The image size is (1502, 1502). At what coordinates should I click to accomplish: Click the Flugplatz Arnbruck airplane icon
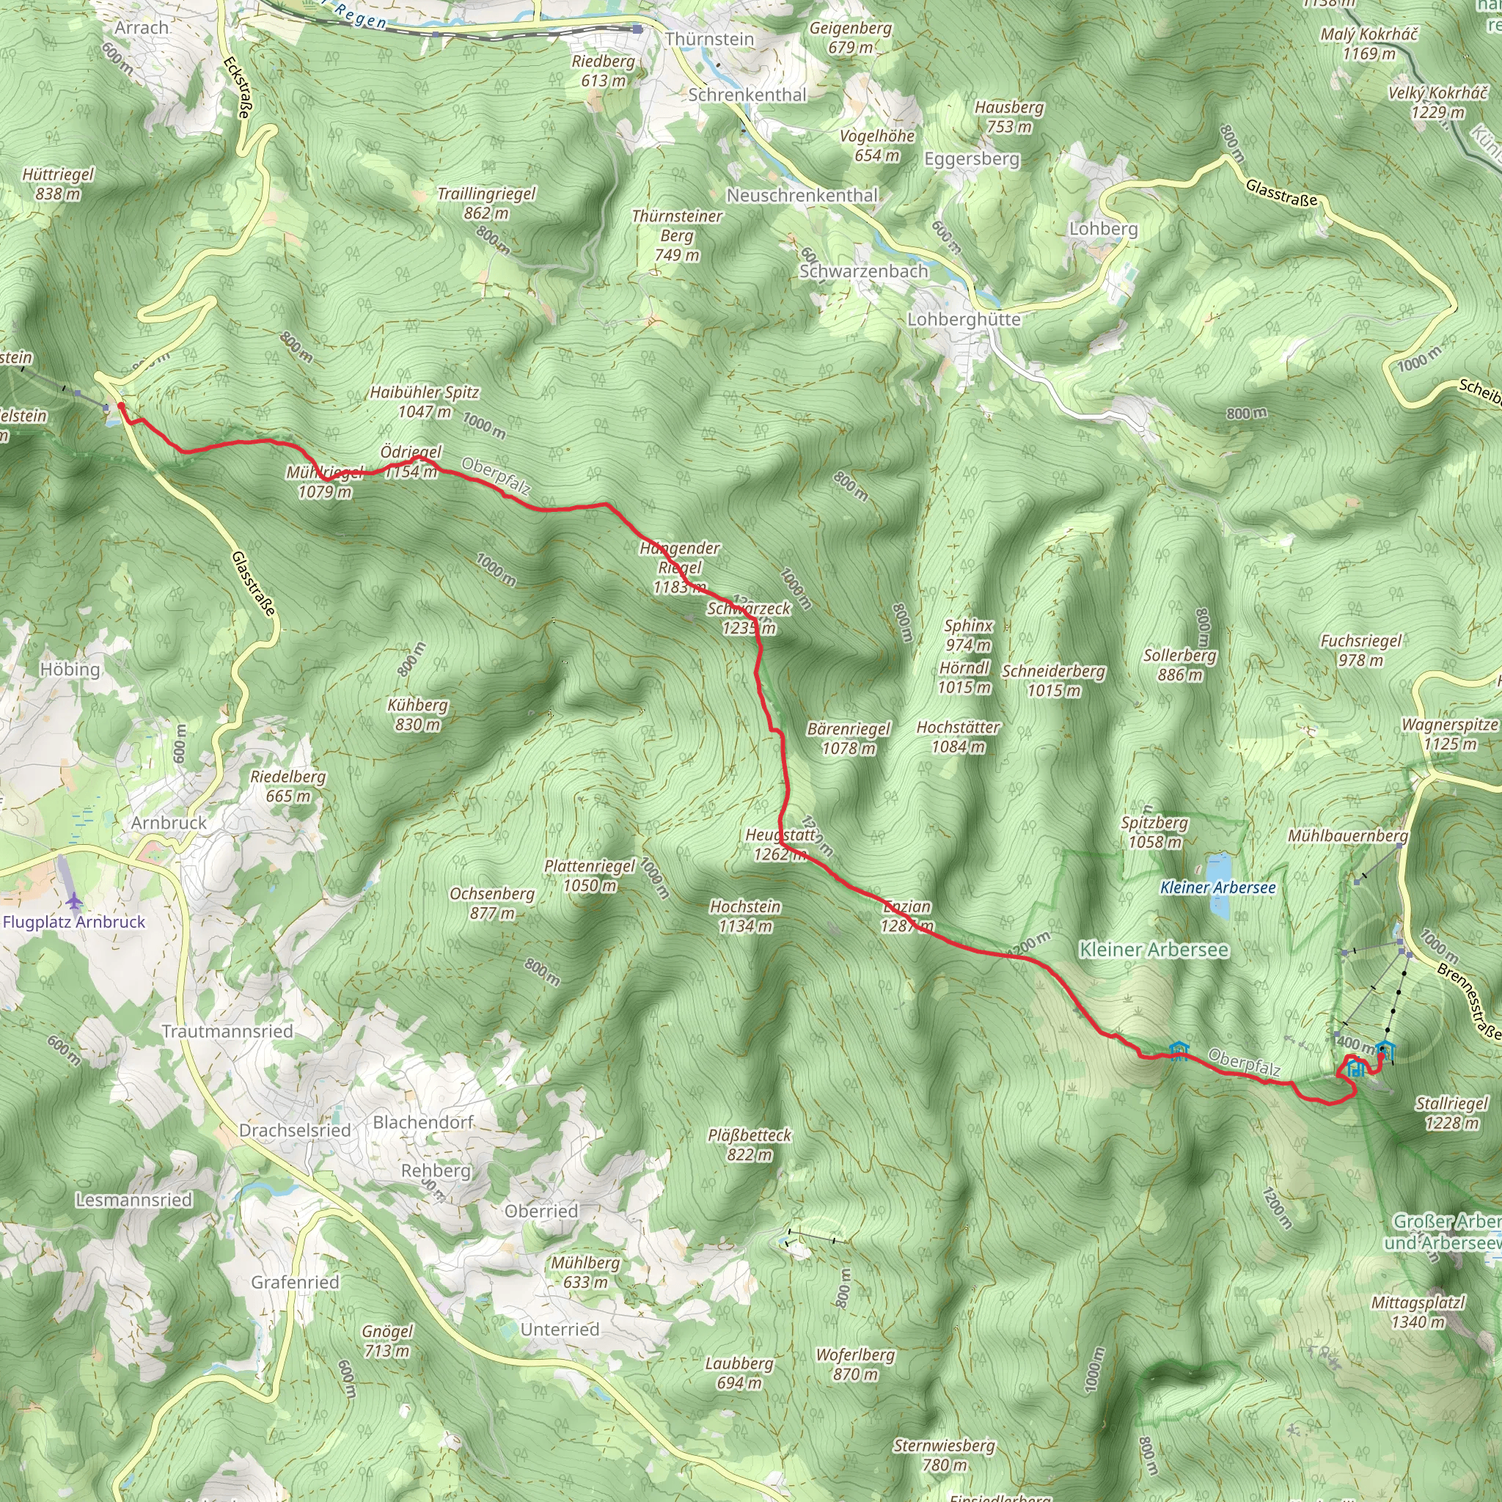(x=75, y=902)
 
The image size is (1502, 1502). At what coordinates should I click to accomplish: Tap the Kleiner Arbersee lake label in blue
(x=1217, y=888)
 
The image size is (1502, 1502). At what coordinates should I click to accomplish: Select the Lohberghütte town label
(x=964, y=320)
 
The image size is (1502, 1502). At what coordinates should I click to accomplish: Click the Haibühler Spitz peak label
(x=425, y=401)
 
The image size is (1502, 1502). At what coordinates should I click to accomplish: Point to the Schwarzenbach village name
(x=864, y=271)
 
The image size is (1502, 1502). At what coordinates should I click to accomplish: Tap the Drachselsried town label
(x=295, y=1130)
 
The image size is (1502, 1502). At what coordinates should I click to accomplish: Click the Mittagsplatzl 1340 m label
(x=1418, y=1311)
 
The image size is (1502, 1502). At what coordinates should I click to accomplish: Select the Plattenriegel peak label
(x=590, y=876)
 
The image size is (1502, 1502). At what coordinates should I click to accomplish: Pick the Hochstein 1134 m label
(x=745, y=916)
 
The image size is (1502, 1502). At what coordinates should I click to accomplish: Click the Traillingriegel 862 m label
(x=487, y=203)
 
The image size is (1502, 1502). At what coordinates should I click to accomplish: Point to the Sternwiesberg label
(x=944, y=1454)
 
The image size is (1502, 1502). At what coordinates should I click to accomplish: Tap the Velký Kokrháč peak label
(x=1437, y=102)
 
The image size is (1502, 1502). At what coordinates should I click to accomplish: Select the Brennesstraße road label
(x=1468, y=1001)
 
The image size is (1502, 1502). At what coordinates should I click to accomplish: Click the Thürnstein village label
(x=709, y=39)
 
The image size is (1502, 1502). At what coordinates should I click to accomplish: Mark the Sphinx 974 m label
(x=968, y=634)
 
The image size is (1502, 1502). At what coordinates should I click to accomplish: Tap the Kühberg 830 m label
(x=417, y=714)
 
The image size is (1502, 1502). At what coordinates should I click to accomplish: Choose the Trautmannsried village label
(x=227, y=1032)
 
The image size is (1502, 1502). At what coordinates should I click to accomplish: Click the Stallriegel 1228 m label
(x=1451, y=1113)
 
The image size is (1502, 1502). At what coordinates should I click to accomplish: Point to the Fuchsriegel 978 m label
(x=1360, y=650)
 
